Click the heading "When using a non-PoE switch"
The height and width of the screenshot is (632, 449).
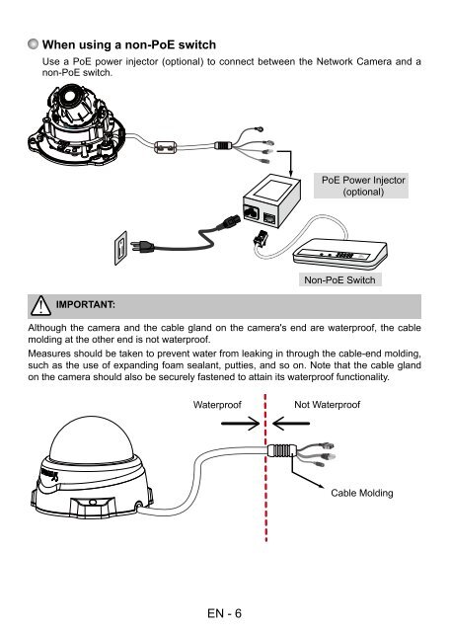click(129, 44)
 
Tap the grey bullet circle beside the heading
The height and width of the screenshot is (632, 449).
click(34, 43)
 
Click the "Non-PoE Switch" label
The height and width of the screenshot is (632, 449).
click(339, 279)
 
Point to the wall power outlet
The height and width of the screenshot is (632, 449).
click(120, 248)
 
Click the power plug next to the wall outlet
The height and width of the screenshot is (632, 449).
click(141, 246)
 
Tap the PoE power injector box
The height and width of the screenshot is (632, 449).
click(271, 200)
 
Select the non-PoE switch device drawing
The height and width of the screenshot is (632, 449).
click(340, 254)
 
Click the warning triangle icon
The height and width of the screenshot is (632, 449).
click(40, 305)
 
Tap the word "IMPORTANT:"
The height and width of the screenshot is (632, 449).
click(86, 304)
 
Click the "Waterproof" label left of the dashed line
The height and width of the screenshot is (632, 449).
click(217, 405)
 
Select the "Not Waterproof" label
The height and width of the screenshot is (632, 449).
click(327, 404)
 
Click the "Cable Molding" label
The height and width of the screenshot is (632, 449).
click(361, 493)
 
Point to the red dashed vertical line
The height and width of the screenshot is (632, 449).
click(265, 467)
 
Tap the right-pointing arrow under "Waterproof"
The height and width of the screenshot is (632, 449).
click(241, 424)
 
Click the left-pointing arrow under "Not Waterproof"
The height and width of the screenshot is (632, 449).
click(291, 424)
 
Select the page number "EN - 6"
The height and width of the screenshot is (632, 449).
click(224, 613)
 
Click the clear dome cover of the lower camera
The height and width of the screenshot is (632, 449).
click(91, 440)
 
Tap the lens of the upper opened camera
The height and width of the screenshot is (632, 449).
click(69, 97)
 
